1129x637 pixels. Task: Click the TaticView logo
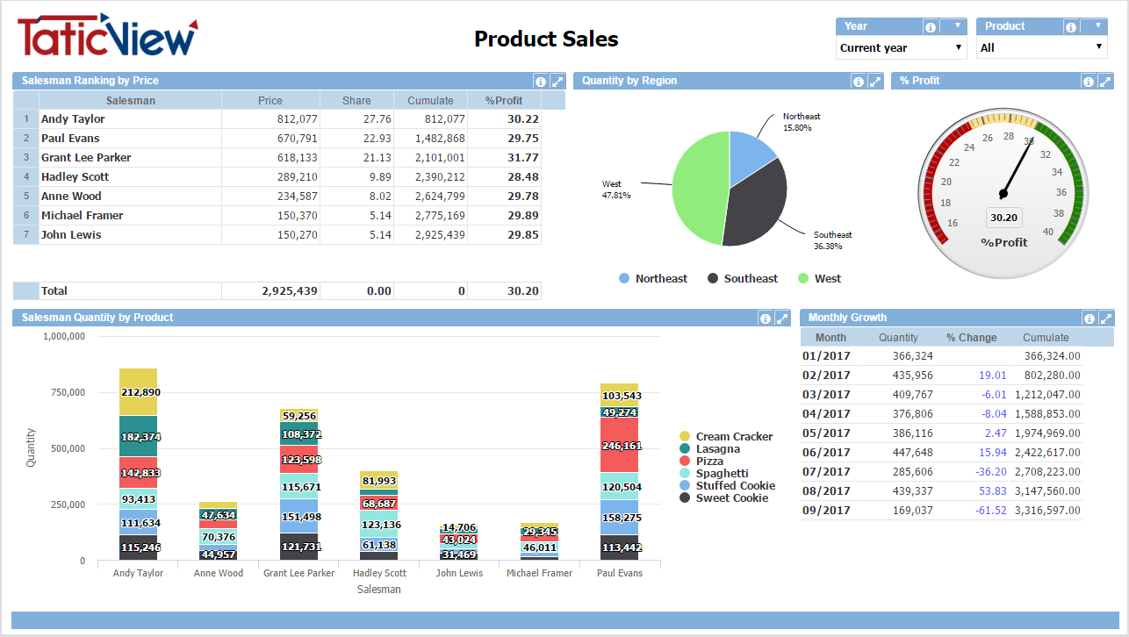pos(107,37)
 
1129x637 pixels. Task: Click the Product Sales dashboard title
pos(546,39)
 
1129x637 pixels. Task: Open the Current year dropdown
pos(901,47)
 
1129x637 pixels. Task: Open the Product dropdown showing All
pos(1041,47)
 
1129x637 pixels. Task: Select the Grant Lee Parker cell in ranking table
pos(86,158)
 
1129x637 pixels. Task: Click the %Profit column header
pos(504,101)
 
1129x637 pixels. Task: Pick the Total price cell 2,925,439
pos(290,291)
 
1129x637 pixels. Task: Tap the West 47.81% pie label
pos(616,190)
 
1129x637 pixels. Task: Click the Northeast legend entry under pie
pos(653,279)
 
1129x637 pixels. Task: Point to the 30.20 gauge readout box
pos(1003,218)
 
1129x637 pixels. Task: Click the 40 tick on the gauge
pos(1047,232)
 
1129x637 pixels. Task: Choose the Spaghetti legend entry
pos(722,474)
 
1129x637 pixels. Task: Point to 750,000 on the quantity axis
pos(67,392)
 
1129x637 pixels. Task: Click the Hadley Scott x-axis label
pos(379,573)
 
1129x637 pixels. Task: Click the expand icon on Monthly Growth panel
pos(1106,318)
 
